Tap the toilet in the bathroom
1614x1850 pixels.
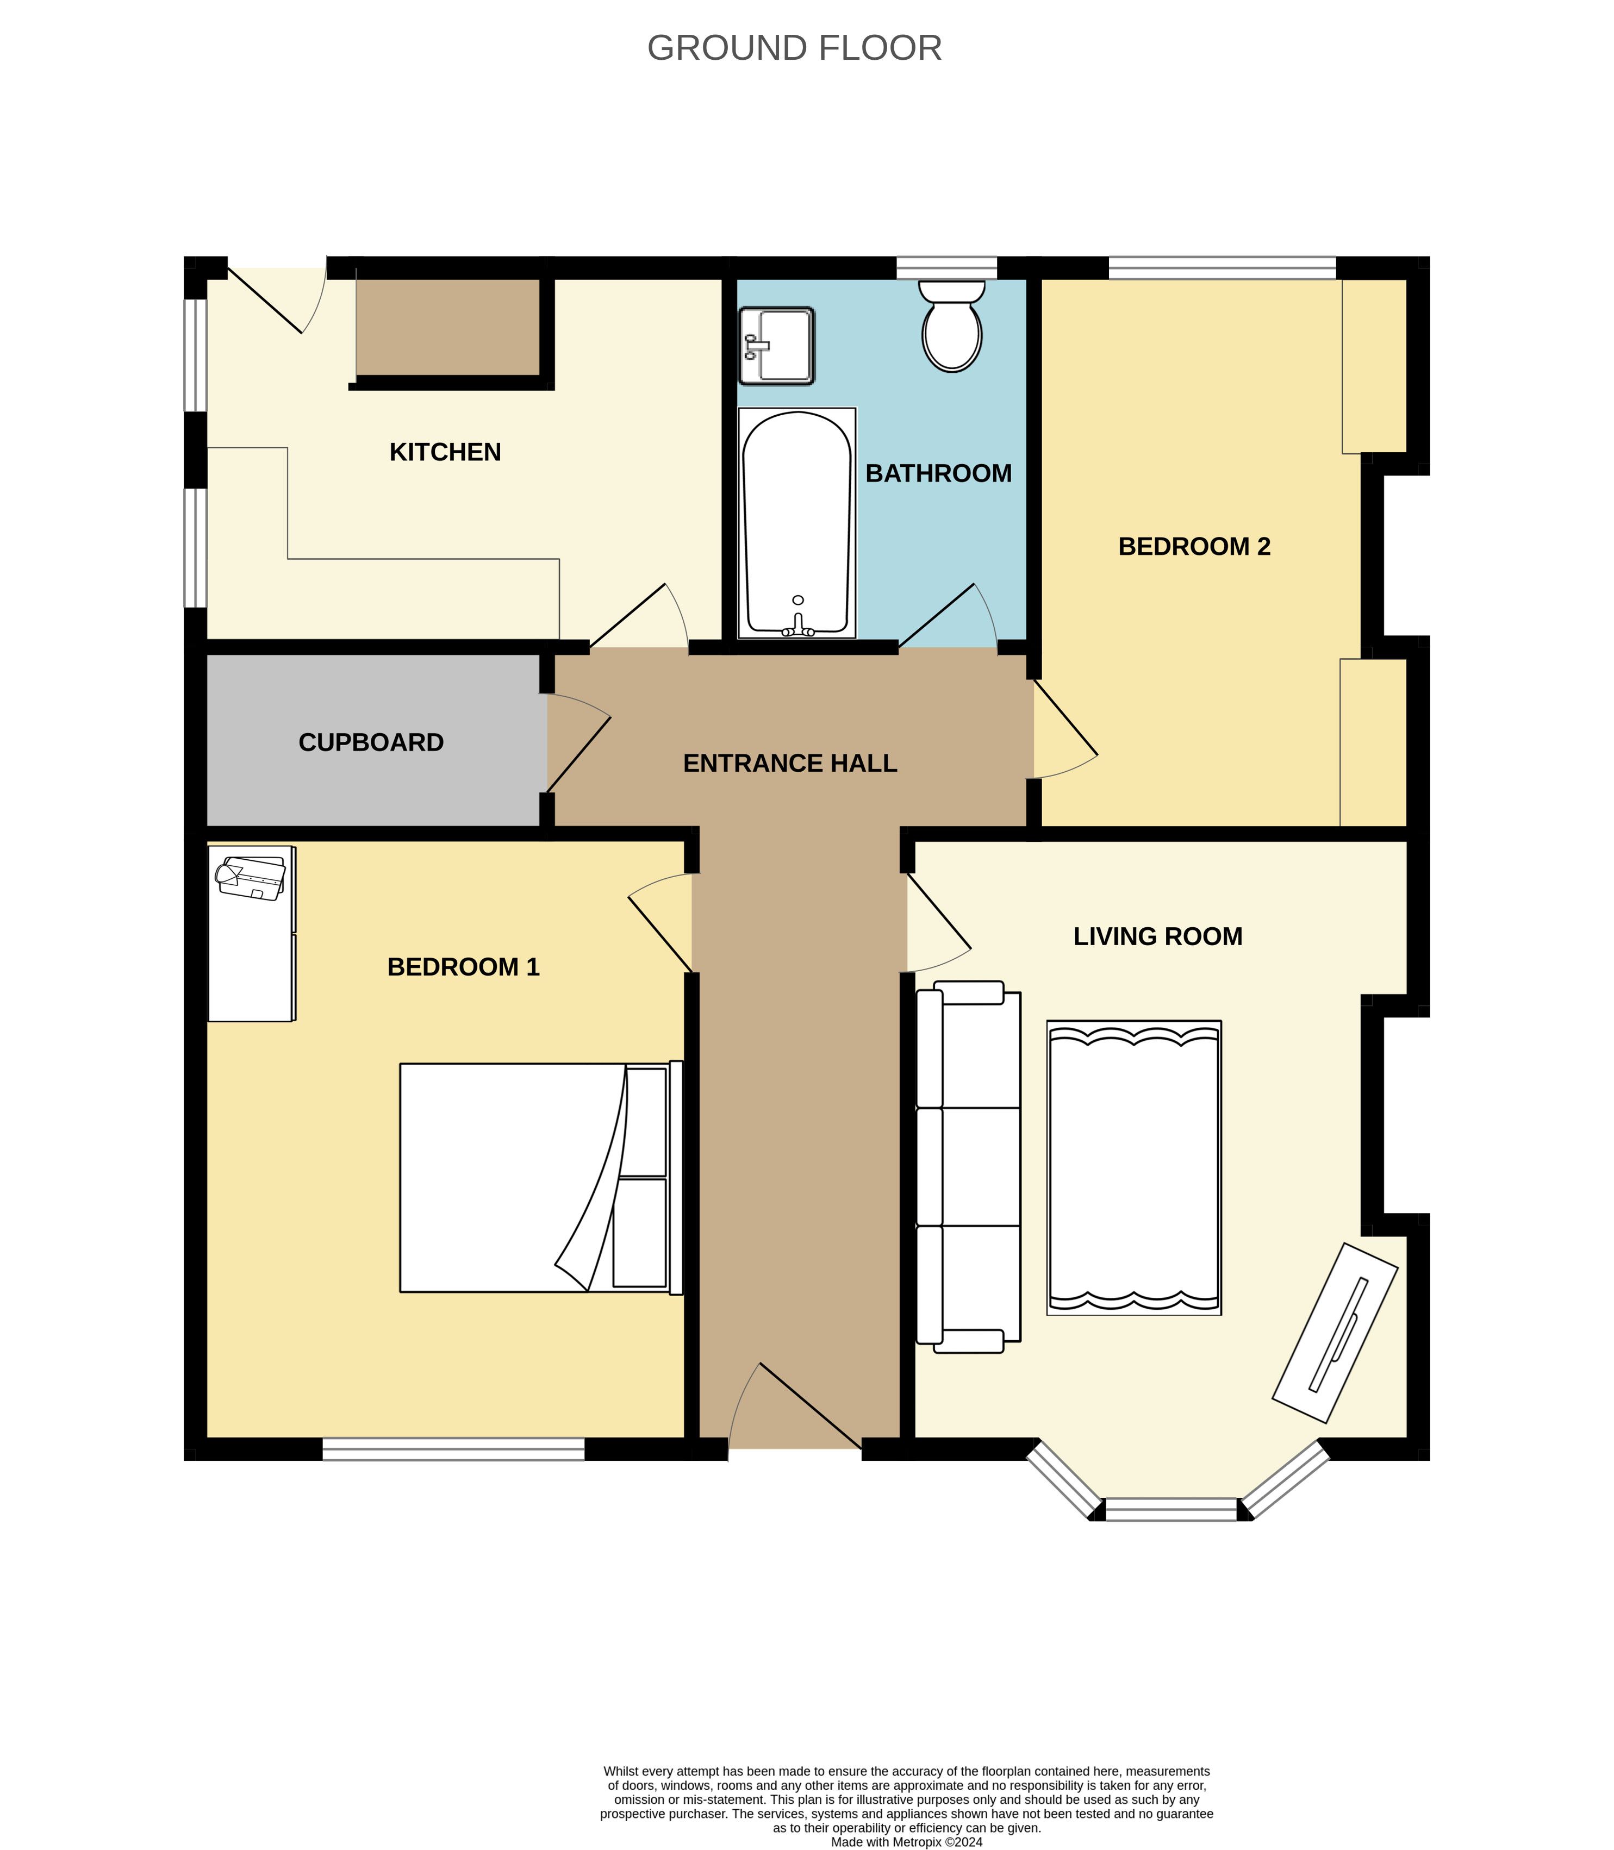952,325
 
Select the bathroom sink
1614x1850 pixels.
776,346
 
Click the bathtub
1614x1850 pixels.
796,523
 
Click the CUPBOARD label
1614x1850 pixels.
371,743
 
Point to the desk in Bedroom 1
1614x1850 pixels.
251,934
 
